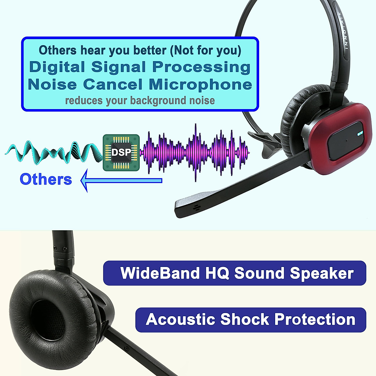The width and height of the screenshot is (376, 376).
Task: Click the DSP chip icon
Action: [121, 153]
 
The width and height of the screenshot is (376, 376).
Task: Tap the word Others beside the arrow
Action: [46, 179]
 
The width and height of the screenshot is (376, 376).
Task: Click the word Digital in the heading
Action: [57, 67]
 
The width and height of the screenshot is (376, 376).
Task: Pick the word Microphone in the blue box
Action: [201, 85]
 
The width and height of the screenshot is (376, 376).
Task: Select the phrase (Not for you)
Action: [206, 50]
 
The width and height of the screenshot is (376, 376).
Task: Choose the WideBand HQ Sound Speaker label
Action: [235, 273]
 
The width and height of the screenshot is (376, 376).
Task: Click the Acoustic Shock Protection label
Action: [251, 320]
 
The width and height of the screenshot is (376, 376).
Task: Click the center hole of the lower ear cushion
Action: [47, 323]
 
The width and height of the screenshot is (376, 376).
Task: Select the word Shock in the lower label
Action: [245, 320]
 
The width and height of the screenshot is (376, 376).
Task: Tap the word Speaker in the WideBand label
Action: [322, 273]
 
